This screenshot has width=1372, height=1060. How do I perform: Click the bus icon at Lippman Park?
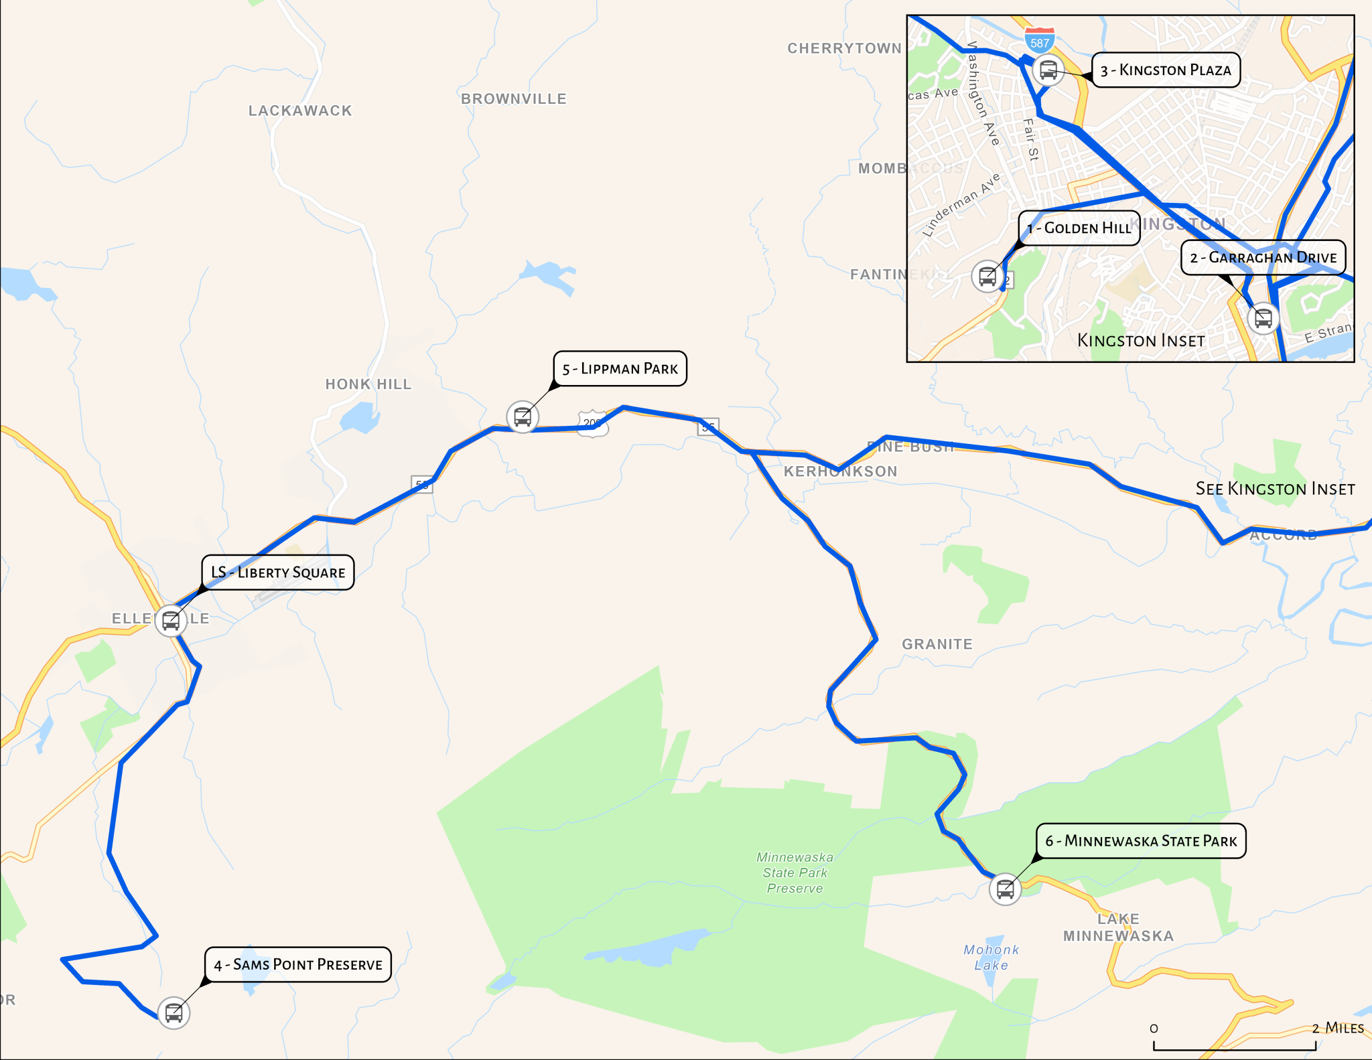click(523, 417)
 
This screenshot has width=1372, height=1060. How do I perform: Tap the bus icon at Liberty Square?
click(171, 621)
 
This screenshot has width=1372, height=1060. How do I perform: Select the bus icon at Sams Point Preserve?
click(174, 1012)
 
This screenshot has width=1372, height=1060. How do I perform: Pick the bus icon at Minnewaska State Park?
click(1005, 889)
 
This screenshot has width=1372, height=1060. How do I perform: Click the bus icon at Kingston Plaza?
click(1048, 70)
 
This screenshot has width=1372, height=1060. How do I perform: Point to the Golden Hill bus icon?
click(987, 276)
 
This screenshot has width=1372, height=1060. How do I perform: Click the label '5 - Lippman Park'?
click(620, 368)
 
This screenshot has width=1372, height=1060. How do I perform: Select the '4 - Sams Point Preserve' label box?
click(298, 964)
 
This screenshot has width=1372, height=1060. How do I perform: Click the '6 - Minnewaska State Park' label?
click(1141, 841)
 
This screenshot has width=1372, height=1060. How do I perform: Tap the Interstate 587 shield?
click(1040, 41)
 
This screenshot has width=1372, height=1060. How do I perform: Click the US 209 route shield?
click(593, 423)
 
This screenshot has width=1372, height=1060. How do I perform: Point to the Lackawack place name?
click(300, 110)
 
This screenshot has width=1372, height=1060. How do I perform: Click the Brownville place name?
click(514, 99)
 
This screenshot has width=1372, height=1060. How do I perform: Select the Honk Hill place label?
click(368, 384)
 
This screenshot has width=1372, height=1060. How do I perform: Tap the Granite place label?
click(937, 644)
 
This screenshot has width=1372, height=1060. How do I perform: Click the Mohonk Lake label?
click(991, 958)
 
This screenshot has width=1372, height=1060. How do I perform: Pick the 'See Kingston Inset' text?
click(1275, 489)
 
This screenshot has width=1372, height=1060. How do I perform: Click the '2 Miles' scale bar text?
click(1337, 1028)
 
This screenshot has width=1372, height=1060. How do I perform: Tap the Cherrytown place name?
click(844, 48)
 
